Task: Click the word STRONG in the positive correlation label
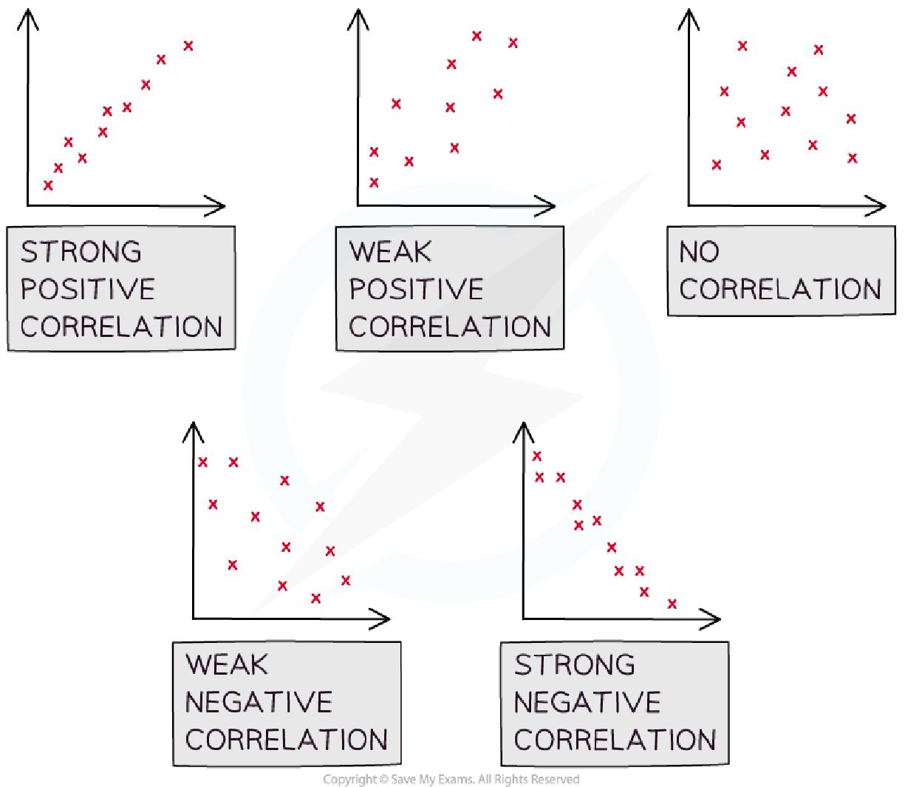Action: [x=81, y=252]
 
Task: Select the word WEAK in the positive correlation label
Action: [x=390, y=252]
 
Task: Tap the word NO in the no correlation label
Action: [x=698, y=252]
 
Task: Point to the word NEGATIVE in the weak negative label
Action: [x=259, y=701]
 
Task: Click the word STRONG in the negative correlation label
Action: [x=574, y=665]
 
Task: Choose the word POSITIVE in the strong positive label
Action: [x=87, y=289]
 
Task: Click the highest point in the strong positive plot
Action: [x=188, y=46]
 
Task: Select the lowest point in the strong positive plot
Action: [x=49, y=185]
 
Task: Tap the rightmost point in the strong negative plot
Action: [x=672, y=604]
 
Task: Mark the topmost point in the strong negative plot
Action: [x=537, y=456]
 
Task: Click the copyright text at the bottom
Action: [x=451, y=779]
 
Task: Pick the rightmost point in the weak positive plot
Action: [x=513, y=43]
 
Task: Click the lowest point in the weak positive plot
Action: [x=374, y=183]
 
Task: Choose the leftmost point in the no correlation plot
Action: [x=716, y=165]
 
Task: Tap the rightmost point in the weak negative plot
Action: [x=345, y=580]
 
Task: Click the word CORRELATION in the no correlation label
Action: [x=780, y=289]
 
